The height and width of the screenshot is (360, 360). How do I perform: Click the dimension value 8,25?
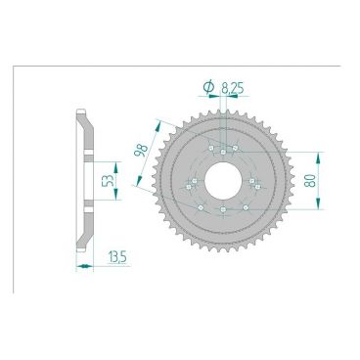(x=234, y=87)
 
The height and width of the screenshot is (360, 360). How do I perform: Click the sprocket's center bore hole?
(x=224, y=180)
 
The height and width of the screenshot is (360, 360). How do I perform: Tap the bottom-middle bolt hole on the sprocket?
(x=224, y=210)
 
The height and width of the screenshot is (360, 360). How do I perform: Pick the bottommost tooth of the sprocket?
(x=224, y=260)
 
